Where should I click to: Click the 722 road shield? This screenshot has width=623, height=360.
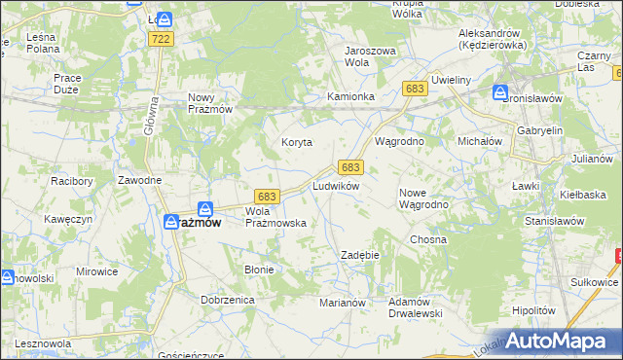click(162, 38)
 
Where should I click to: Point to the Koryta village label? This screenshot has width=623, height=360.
click(297, 142)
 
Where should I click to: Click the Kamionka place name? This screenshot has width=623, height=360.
click(350, 97)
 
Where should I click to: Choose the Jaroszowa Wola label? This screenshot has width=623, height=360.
click(369, 55)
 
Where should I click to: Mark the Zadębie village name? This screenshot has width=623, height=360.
click(358, 255)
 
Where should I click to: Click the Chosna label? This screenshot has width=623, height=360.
click(427, 239)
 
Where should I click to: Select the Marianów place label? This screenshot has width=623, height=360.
click(342, 303)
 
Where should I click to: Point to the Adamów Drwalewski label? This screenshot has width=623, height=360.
click(416, 307)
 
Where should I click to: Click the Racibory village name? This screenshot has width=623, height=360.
click(69, 181)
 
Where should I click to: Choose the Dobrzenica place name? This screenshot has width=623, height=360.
click(228, 301)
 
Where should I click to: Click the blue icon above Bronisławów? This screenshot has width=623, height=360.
click(499, 93)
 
